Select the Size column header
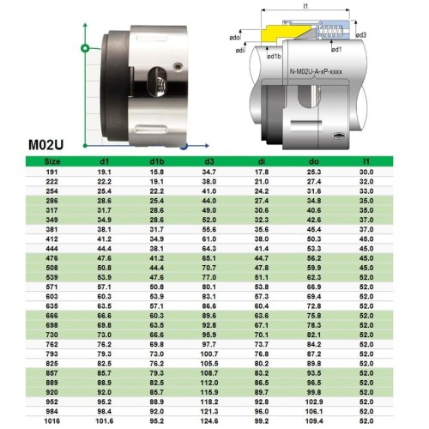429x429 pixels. [x=28, y=160]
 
